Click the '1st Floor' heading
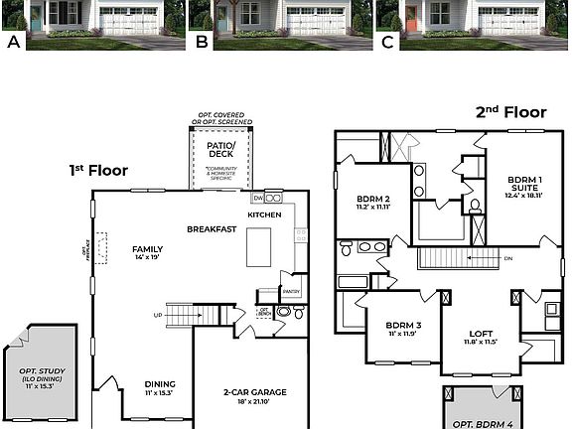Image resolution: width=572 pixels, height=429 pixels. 98,170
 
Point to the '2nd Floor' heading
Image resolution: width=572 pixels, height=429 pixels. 511,112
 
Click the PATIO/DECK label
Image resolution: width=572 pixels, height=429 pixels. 220,150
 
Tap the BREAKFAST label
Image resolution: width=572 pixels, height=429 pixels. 212,229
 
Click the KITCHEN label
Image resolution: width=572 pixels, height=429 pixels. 264,214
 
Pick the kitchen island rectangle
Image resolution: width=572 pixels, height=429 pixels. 259,243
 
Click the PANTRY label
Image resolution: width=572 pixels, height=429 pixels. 291,292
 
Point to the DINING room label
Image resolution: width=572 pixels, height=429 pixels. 160,383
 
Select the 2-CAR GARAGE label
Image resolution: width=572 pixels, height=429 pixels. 254,392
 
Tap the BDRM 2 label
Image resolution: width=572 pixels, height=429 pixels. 376,198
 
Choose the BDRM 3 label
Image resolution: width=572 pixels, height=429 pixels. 404,326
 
